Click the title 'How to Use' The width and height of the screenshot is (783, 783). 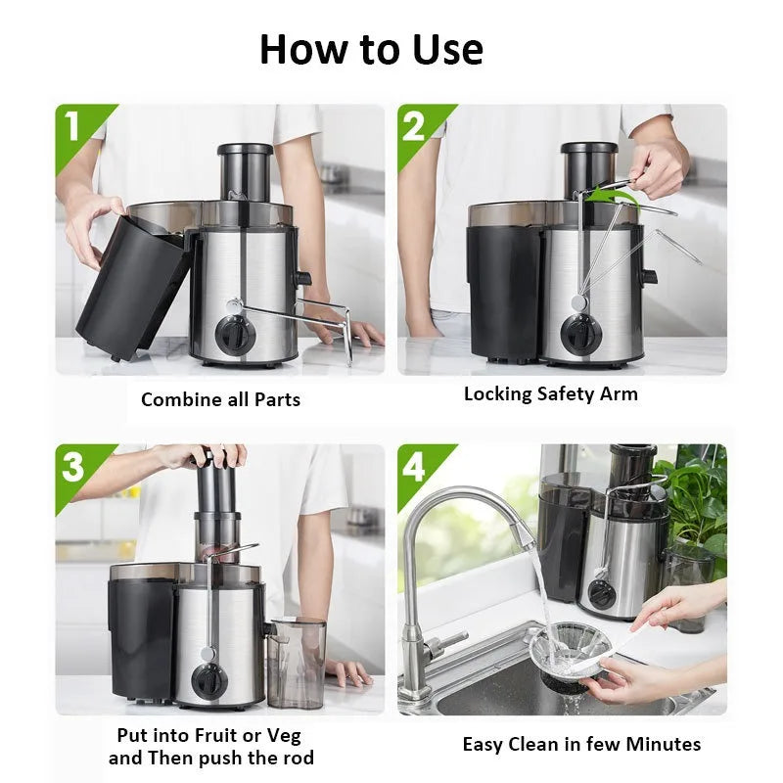click(x=371, y=49)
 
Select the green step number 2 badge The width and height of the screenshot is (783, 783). click(x=415, y=125)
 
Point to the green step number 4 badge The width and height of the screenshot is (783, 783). click(x=415, y=467)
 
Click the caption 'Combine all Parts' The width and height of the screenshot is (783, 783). click(x=220, y=399)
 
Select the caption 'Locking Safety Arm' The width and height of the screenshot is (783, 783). click(x=550, y=394)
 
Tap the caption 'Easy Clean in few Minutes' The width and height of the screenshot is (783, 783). click(x=581, y=745)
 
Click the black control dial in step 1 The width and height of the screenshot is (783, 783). click(x=236, y=334)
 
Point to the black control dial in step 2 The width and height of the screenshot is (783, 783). click(x=583, y=334)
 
